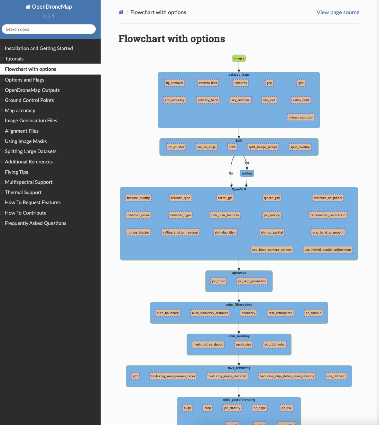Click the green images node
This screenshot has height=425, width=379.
pos(239,58)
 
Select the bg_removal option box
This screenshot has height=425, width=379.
pos(175,83)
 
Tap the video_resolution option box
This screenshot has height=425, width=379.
pos(301,117)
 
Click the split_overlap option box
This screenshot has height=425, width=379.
pos(300,147)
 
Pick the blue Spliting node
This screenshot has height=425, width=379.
pos(247,173)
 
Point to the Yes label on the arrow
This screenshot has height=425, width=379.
pos(247,163)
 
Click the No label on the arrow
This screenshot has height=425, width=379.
pos(231,173)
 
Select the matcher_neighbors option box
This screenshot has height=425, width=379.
pos(328,198)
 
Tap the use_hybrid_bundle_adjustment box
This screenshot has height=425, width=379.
pos(328,250)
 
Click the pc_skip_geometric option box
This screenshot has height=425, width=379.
pos(252,281)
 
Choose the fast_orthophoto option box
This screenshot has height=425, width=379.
pos(280,313)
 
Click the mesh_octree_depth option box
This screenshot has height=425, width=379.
pos(208,344)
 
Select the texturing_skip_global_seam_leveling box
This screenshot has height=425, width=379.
pos(287,376)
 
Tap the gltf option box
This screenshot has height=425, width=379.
pos(135,376)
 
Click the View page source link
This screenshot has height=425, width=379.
pos(338,12)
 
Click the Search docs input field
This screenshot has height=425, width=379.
pos(49,29)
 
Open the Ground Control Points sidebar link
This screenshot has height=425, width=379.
pos(29,100)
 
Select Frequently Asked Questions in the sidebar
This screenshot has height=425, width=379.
pos(36,223)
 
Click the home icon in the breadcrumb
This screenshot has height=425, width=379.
pos(121,12)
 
